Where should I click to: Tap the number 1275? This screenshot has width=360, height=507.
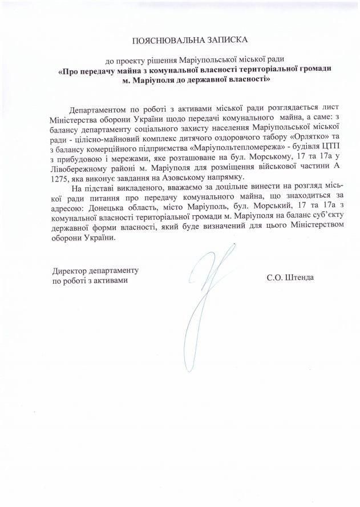coord(59,176)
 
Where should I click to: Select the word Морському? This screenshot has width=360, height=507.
coord(248,157)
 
